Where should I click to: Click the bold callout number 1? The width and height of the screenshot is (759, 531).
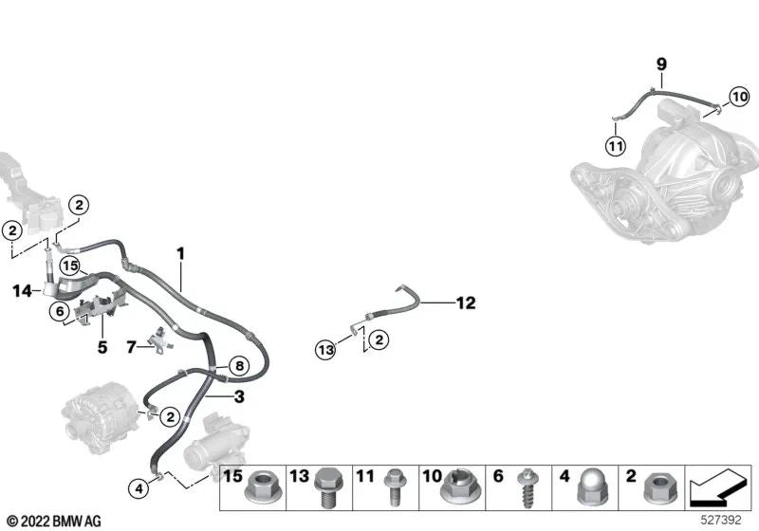point(180,253)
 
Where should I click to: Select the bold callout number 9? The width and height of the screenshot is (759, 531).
point(662,64)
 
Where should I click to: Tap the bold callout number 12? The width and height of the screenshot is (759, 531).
point(465,303)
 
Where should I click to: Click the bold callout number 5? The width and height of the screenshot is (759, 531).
point(102,347)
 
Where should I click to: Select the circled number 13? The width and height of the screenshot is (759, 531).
point(325,351)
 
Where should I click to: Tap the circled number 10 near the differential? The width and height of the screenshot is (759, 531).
point(738,95)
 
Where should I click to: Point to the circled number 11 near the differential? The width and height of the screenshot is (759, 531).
point(616,146)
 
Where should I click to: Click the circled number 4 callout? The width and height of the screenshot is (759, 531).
point(139,489)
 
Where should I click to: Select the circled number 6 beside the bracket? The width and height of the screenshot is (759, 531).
point(60,310)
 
